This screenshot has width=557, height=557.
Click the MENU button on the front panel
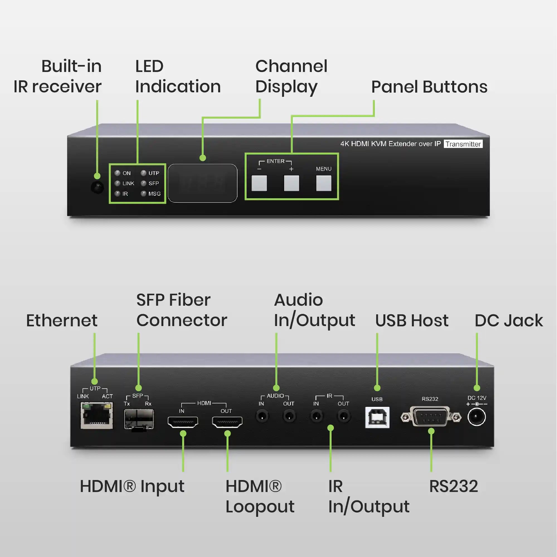coord(324,183)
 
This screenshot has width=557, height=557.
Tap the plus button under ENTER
coord(291,183)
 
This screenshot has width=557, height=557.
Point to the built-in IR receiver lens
coord(98,188)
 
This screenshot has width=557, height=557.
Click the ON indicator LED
coord(117,173)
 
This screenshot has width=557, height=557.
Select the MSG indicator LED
coord(143,194)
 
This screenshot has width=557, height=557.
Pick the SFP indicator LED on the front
coord(143,183)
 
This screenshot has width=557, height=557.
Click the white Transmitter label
coord(463,144)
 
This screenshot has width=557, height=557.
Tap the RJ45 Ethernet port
coord(97,416)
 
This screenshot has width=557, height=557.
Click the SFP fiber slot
coord(139,419)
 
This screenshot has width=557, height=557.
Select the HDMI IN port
coord(183,422)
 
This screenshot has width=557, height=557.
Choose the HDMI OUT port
coord(227,422)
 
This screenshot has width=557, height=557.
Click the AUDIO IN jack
coord(262,416)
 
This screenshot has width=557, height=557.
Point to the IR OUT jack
coord(344,416)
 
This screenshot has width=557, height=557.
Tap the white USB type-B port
coord(377,417)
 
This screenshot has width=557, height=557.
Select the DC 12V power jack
coord(476,417)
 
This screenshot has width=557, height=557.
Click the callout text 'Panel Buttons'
coord(429,86)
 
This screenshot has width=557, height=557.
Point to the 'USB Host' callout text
coord(412,320)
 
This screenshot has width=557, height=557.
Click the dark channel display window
coord(202,183)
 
